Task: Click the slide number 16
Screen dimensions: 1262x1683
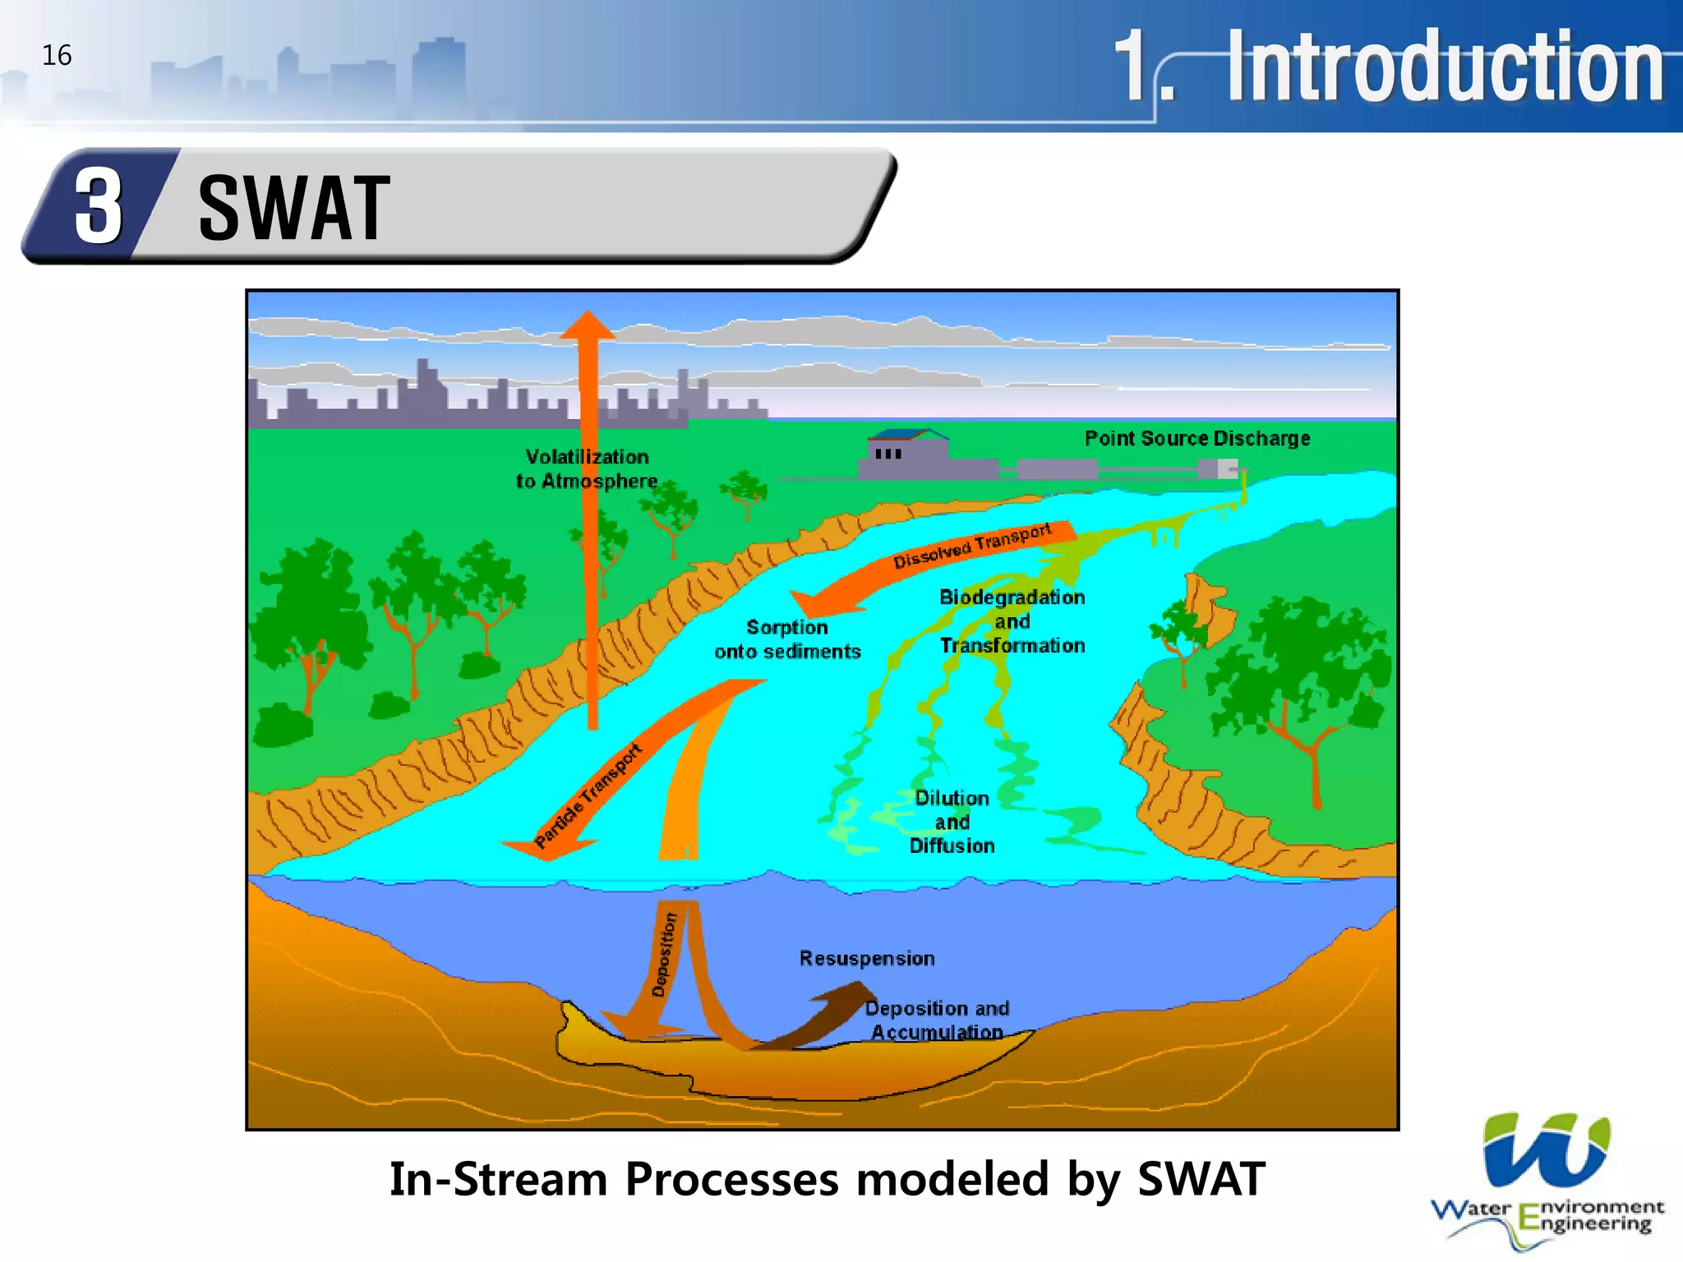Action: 57,56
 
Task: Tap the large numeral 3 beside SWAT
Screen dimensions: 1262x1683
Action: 99,207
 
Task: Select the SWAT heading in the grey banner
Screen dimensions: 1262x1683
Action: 294,209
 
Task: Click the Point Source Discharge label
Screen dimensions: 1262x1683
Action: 1197,439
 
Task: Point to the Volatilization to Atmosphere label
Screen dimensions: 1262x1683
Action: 587,469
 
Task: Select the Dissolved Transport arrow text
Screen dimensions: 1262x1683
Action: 972,546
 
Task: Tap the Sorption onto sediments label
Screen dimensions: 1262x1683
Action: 787,639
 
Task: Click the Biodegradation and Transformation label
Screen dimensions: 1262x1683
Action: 1012,621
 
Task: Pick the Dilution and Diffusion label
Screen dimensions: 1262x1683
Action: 952,822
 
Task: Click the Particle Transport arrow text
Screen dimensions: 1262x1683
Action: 588,795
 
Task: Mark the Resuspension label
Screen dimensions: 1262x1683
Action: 867,959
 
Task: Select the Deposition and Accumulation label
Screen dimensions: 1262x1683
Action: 937,1020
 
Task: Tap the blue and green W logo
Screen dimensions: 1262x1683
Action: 1546,1150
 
